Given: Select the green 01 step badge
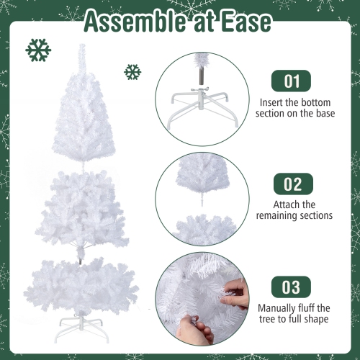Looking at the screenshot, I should click(x=291, y=81).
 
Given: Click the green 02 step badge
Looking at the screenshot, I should click(x=291, y=184).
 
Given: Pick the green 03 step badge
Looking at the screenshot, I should click(x=291, y=288).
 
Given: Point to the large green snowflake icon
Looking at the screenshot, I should click(x=38, y=50).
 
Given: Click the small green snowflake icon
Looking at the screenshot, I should click(x=132, y=71).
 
